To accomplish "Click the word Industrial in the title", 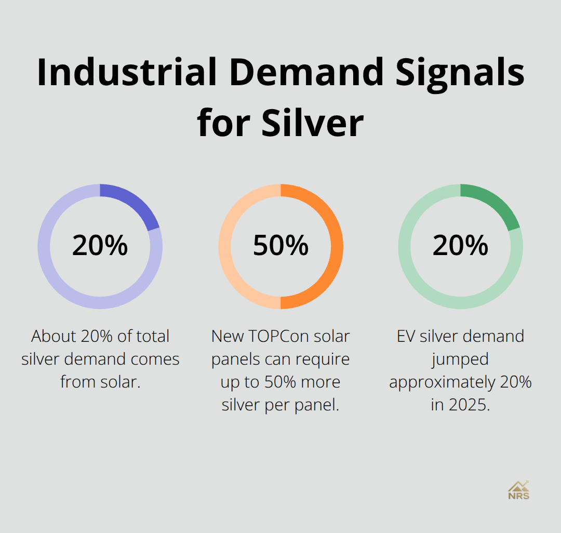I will pyautogui.click(x=127, y=73).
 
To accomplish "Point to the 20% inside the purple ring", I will pyautogui.click(x=100, y=246).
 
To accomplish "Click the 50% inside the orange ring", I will pyautogui.click(x=280, y=246).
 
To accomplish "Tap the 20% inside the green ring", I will pyautogui.click(x=460, y=246).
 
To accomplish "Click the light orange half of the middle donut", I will pyautogui.click(x=226, y=246).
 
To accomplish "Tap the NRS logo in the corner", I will pyautogui.click(x=518, y=490).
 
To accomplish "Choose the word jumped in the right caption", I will pyautogui.click(x=460, y=359).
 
